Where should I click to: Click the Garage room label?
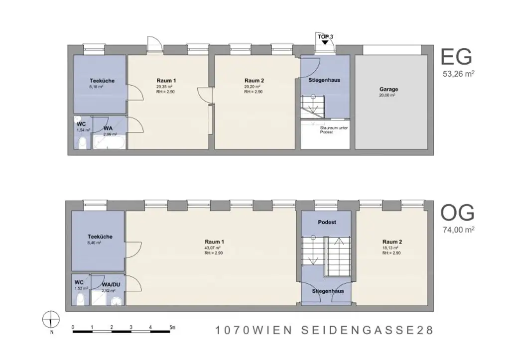pos(388,90)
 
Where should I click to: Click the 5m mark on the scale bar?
pos(171,327)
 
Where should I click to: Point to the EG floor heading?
pos(457,58)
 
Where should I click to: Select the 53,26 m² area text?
pos(458,74)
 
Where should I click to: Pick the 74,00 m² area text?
pos(458,230)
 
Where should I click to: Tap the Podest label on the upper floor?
pos(327,222)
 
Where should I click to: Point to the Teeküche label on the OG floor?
pos(100,237)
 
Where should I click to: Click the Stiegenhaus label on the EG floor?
pos(324,80)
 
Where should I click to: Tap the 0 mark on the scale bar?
pos(73,327)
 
